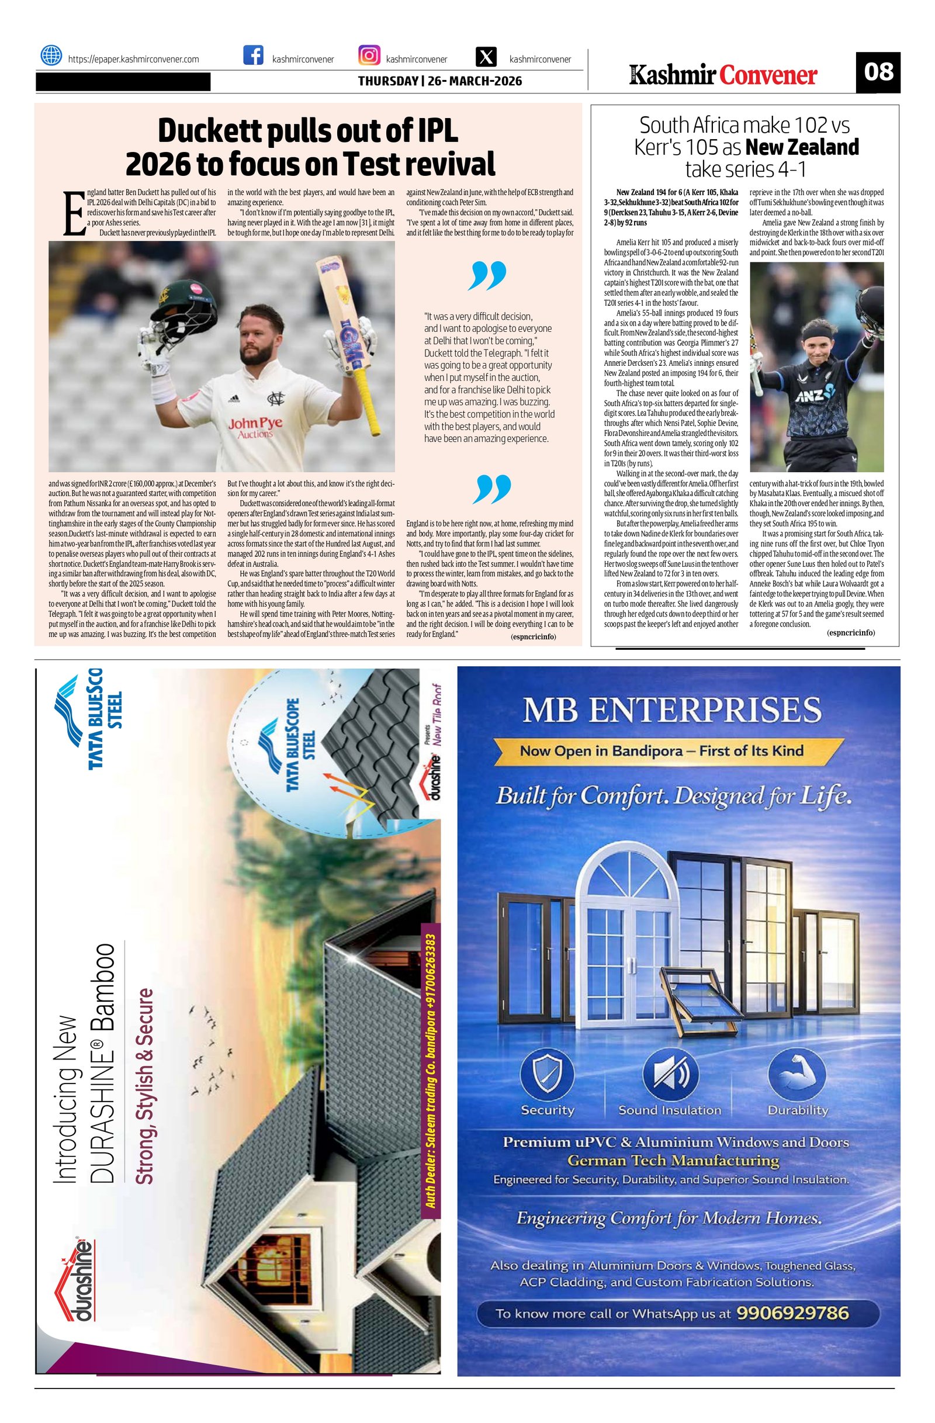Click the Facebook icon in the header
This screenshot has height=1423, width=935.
click(254, 56)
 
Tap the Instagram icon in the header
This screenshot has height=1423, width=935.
click(369, 56)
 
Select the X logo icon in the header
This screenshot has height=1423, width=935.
click(487, 57)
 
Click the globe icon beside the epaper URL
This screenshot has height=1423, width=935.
click(51, 56)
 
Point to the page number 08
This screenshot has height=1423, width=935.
click(878, 72)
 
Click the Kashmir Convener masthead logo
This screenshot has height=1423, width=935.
click(723, 75)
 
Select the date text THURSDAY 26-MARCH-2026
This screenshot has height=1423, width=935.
click(440, 81)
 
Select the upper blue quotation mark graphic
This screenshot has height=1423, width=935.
click(488, 276)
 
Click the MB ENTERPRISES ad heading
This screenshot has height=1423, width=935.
click(671, 710)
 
